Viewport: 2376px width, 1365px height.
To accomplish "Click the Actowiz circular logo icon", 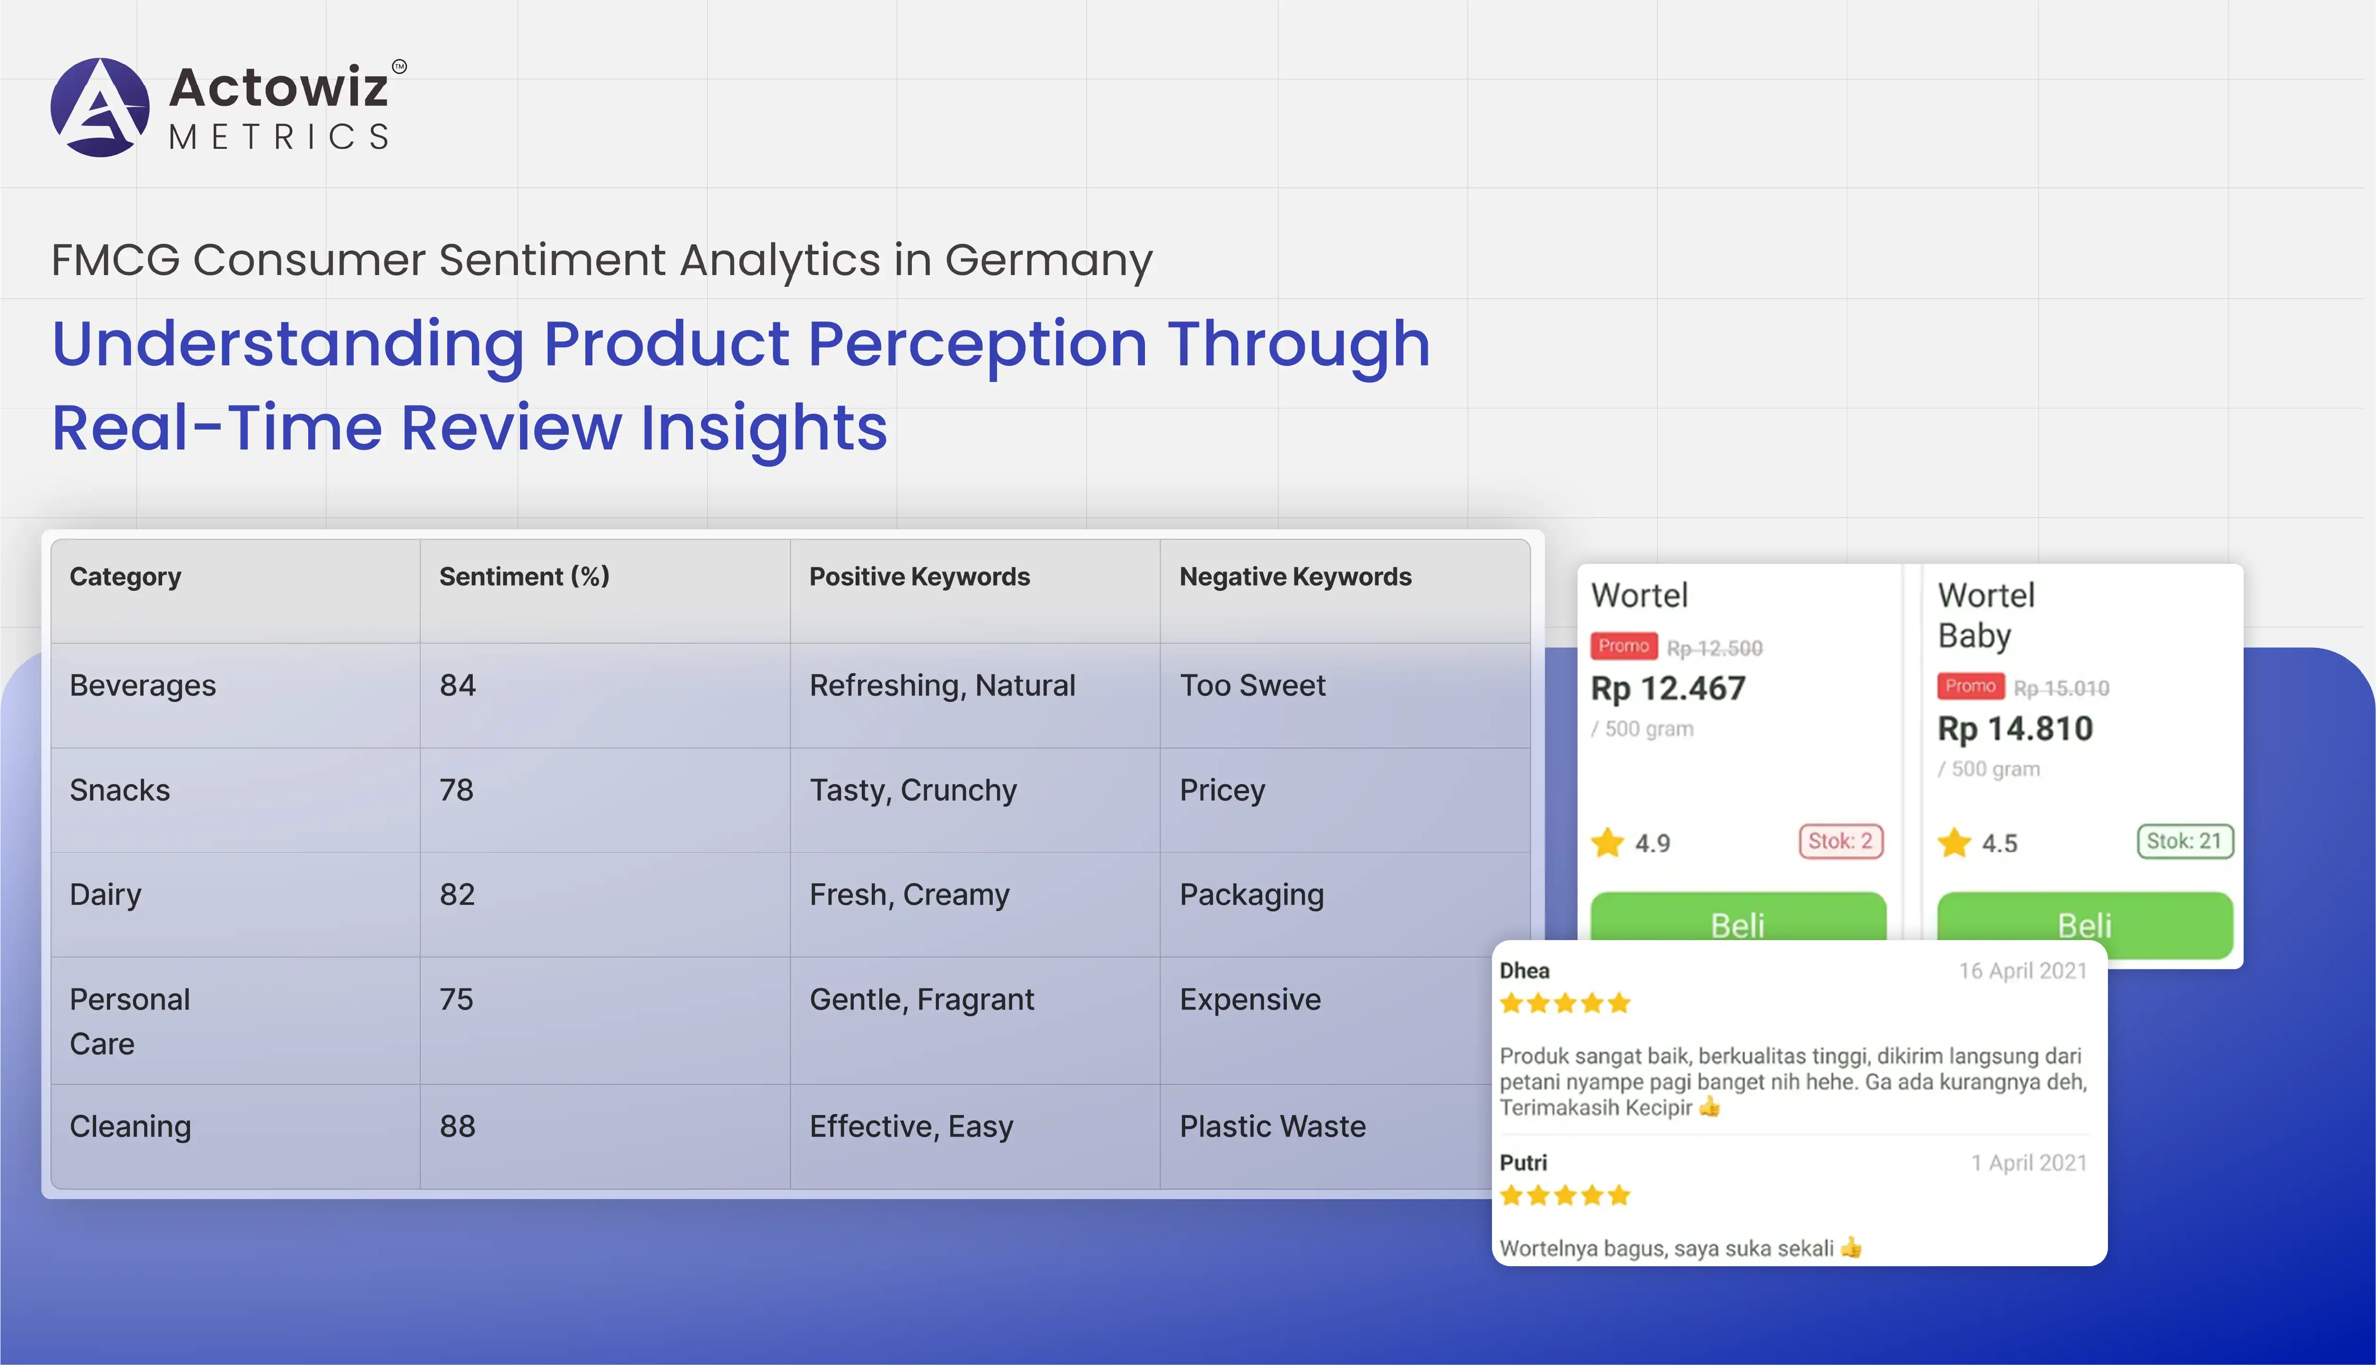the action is [99, 107].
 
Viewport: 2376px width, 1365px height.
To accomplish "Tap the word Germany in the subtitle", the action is [1048, 260].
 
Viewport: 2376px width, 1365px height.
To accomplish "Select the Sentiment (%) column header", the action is [524, 577].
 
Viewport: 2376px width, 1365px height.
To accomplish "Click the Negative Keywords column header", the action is [1295, 577].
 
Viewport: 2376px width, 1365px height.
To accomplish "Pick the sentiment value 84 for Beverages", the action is [458, 685].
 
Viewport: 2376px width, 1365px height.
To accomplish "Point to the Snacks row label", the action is [120, 790].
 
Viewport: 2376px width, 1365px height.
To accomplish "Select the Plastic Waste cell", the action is [1273, 1126].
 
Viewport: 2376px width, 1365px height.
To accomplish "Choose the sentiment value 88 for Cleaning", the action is [458, 1126].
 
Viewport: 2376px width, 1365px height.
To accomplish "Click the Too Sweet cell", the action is [1253, 685].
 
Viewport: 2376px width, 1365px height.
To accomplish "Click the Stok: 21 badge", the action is [2185, 841].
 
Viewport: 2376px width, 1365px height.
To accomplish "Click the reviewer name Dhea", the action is [1525, 970].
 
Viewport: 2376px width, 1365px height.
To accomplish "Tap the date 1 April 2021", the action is [2029, 1163].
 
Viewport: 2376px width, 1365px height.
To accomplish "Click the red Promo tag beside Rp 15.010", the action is [1970, 686].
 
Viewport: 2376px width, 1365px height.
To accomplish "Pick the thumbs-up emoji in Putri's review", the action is [1851, 1247].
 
